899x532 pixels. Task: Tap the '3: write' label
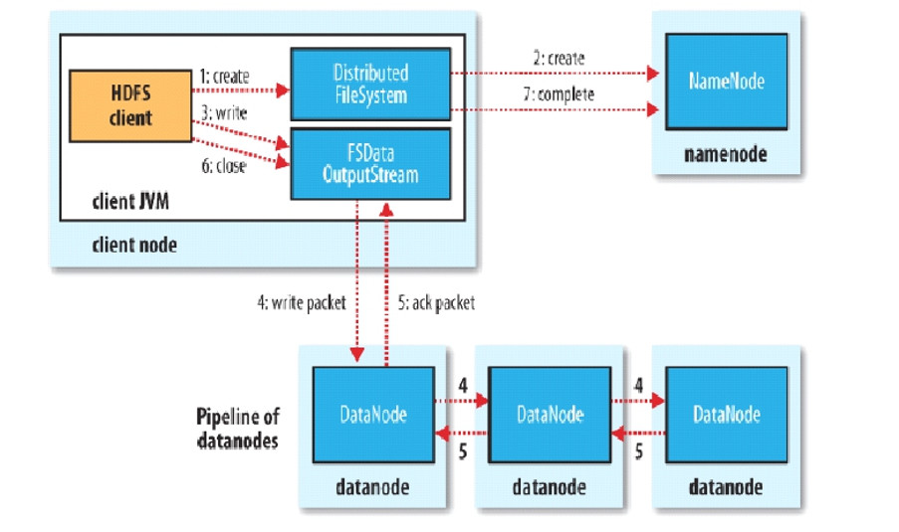(221, 116)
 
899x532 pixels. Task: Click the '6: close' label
(221, 165)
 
